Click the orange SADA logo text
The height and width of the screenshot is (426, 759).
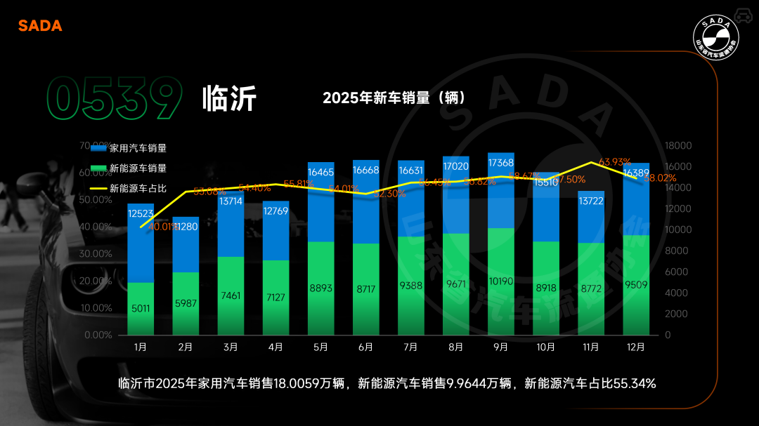40,26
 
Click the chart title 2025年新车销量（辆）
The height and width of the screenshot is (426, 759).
394,98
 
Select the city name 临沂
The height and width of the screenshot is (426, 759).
229,99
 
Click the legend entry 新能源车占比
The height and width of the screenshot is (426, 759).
138,188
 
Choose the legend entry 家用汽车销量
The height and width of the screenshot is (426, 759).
138,148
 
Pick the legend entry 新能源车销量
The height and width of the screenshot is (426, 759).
138,168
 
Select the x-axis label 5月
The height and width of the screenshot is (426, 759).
320,347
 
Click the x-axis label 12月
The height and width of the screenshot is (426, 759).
635,347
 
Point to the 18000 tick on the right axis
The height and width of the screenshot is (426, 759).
678,146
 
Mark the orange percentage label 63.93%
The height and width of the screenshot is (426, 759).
615,161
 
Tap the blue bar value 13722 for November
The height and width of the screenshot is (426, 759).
590,201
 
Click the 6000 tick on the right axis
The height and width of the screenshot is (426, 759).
676,272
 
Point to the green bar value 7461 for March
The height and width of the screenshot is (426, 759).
231,296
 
